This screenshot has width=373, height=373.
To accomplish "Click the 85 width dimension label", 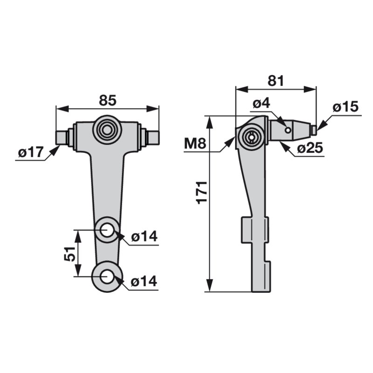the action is pos(108,100).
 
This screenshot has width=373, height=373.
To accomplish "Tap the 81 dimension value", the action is pos(276,81).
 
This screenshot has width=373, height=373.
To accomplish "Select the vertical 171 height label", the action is pos(202,193).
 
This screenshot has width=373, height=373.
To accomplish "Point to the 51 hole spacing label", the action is pos(69,254).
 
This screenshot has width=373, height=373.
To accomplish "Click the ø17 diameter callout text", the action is pos(31,152).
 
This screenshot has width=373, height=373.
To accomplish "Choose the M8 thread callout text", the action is pos(195,144).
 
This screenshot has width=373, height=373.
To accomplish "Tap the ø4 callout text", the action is pos(261,104).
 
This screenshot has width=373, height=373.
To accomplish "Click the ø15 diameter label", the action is pos(345,107).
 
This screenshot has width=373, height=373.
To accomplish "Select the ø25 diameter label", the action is pos(310,148).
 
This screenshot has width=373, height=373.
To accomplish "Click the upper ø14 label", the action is pos(145,236).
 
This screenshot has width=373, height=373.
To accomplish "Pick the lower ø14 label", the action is pos(144,282).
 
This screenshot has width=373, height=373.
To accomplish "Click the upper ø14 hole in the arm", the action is pos(107,230).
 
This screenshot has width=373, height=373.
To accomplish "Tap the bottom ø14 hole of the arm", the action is pos(107,276).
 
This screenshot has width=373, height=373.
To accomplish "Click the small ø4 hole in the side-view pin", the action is pos(288,130).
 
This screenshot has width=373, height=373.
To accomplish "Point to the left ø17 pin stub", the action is pos(61,138).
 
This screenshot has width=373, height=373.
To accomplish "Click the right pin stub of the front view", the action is pos(153,138).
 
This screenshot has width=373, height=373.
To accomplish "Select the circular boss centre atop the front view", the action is pos(107,130).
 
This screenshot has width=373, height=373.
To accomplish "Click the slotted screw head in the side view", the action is pos(251,137).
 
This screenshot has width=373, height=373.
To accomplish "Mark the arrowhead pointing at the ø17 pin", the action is pos(55,151).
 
